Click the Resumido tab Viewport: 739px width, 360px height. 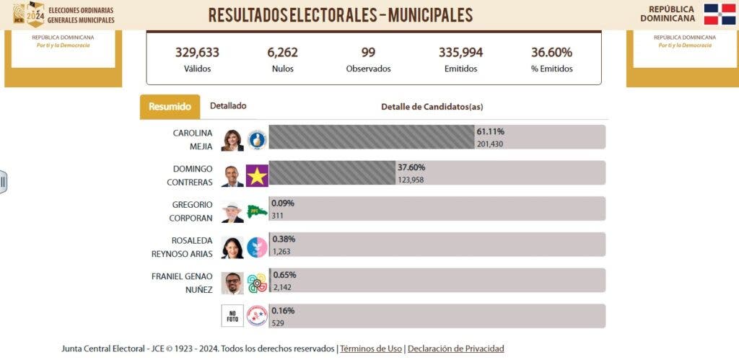[170, 107]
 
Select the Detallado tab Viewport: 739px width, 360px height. [228, 106]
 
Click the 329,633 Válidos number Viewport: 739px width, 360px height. [197, 53]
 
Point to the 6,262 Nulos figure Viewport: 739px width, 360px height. [282, 53]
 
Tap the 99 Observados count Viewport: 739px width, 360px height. [368, 53]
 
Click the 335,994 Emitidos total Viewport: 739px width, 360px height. [460, 53]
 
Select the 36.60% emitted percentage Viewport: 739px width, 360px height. [551, 53]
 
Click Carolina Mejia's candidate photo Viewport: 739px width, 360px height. [232, 139]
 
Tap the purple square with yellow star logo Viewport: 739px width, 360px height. [257, 175]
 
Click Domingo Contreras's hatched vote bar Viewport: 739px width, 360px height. [332, 173]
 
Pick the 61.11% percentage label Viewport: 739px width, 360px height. [490, 132]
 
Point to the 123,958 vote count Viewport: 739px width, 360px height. [411, 180]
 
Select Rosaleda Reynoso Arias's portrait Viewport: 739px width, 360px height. [232, 247]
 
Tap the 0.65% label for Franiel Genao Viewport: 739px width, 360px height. [284, 275]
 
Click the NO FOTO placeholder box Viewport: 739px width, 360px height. [232, 315]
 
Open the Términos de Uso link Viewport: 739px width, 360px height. [371, 349]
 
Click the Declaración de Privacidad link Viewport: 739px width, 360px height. [456, 349]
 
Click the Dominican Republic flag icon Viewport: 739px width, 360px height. [720, 14]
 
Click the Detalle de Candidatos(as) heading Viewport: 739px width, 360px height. [432, 107]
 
